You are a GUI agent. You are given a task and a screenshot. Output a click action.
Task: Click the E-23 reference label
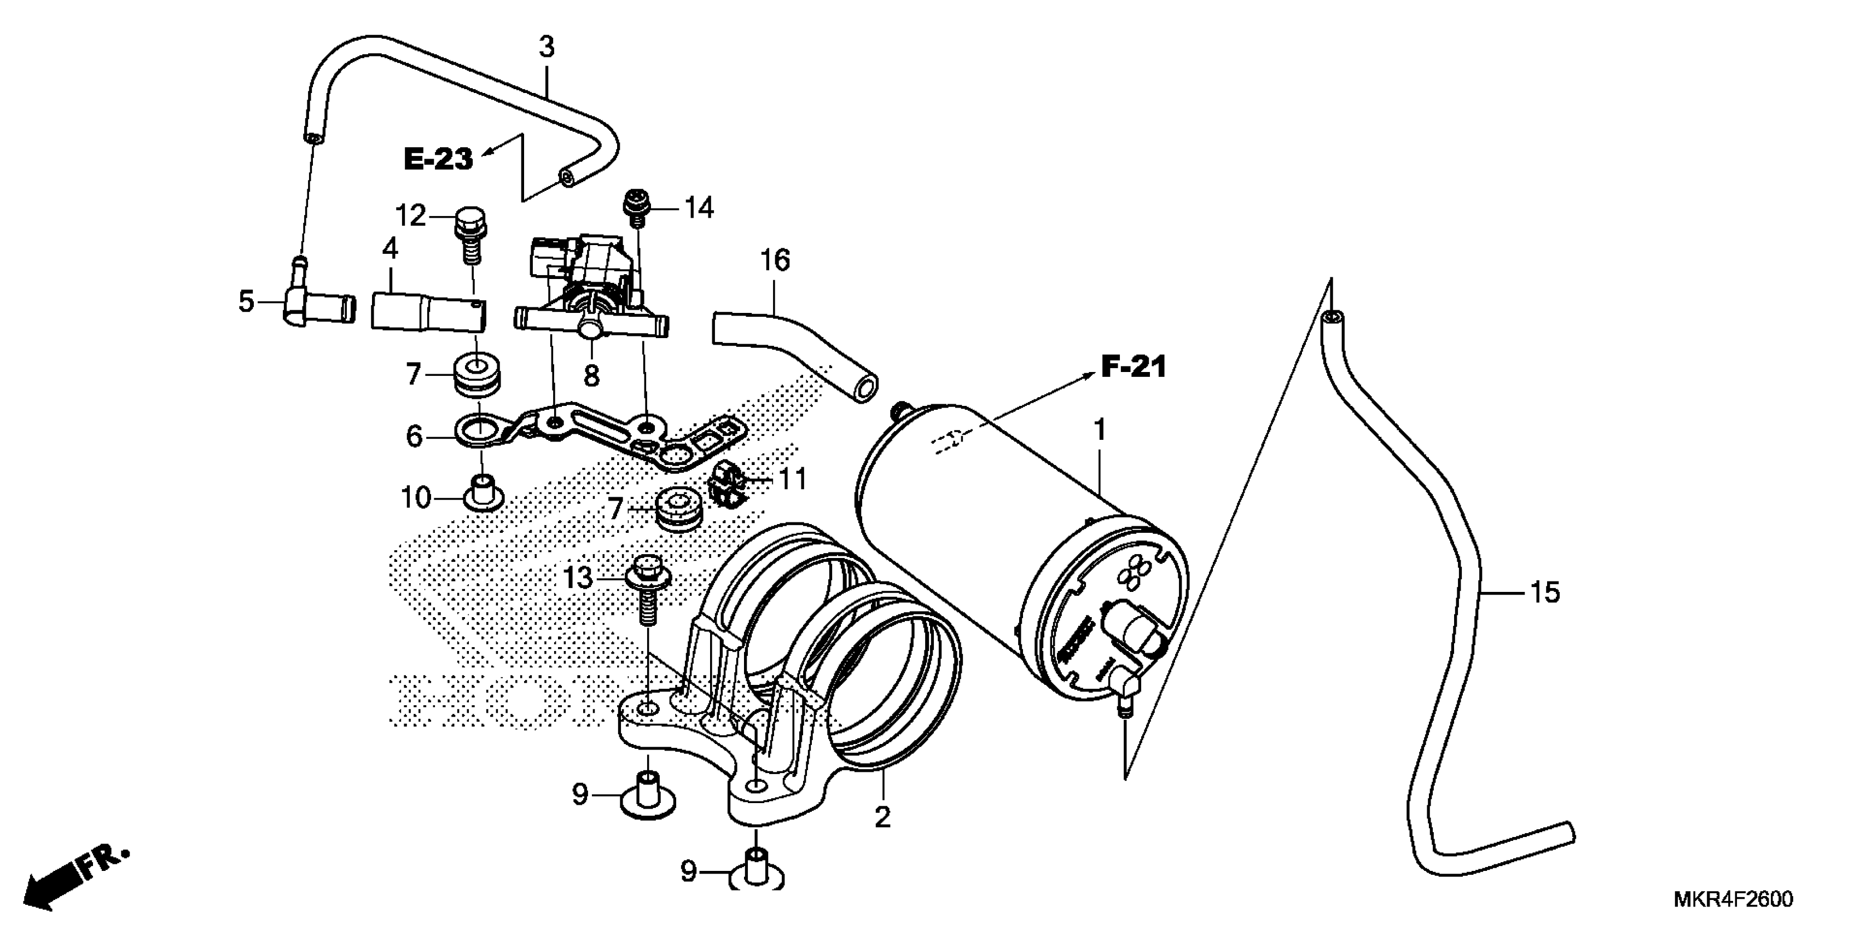click(x=438, y=159)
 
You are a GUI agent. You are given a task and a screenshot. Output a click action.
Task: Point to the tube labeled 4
click(x=428, y=311)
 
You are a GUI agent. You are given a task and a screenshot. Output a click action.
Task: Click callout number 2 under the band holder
click(x=882, y=817)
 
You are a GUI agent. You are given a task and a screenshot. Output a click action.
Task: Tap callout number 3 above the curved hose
click(x=547, y=47)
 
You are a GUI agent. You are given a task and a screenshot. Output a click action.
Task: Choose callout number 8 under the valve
click(x=591, y=375)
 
